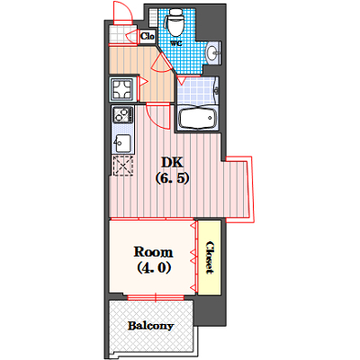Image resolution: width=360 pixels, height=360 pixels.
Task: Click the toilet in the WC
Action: pyautogui.click(x=176, y=22)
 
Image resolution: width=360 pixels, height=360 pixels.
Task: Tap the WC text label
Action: pyautogui.click(x=176, y=43)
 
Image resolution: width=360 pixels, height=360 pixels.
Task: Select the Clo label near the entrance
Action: pyautogui.click(x=148, y=36)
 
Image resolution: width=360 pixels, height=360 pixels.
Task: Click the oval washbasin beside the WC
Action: pyautogui.click(x=212, y=53)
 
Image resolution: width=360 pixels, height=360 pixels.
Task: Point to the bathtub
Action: pyautogui.click(x=197, y=119)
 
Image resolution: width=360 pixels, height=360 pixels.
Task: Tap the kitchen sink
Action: pyautogui.click(x=122, y=143)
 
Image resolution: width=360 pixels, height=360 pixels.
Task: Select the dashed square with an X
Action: pyautogui.click(x=122, y=166)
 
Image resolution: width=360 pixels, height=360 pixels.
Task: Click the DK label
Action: pyautogui.click(x=172, y=162)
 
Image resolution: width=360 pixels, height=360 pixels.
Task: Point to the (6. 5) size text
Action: pyautogui.click(x=172, y=178)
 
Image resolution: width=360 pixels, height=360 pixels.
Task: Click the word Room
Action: pyautogui.click(x=153, y=252)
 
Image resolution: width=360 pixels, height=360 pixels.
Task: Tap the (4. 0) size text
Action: pyautogui.click(x=154, y=267)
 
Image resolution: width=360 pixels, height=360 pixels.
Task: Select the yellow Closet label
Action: pyautogui.click(x=209, y=257)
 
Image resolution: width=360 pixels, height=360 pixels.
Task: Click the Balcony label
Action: pyautogui.click(x=151, y=326)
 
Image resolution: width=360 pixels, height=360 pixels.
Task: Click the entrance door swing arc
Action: pyautogui.click(x=129, y=9)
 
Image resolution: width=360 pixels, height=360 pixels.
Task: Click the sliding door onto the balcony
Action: pyautogui.click(x=156, y=297)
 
